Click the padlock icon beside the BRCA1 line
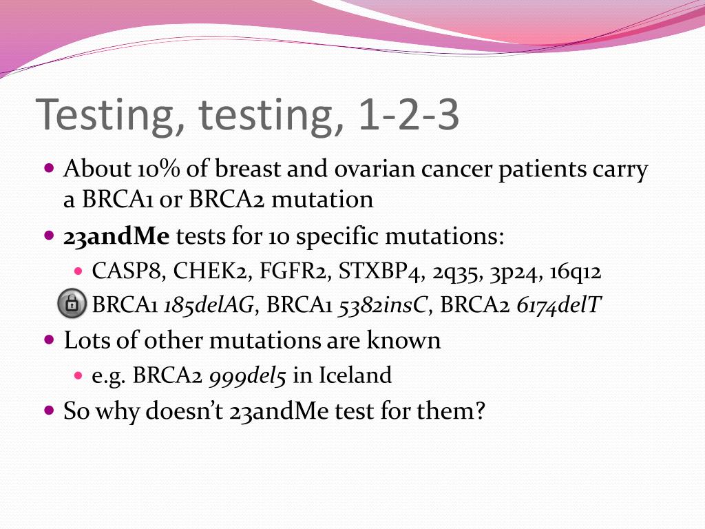coord(72,304)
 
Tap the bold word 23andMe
coord(116,236)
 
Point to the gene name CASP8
coord(128,271)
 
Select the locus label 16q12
coord(576,272)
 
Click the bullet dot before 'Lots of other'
coord(49,340)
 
